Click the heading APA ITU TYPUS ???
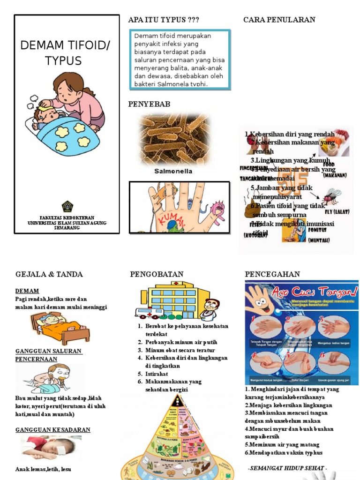163,20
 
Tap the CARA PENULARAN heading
279,20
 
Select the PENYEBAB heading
149,104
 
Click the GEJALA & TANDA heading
49,274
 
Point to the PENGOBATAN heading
157,274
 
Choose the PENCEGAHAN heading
272,274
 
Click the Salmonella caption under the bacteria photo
173,172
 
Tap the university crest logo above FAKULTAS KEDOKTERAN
67,206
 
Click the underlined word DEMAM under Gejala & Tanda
27,291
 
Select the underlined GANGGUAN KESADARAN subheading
53,430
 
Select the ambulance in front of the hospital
149,313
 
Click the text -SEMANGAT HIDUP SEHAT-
287,468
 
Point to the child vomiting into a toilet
49,379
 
